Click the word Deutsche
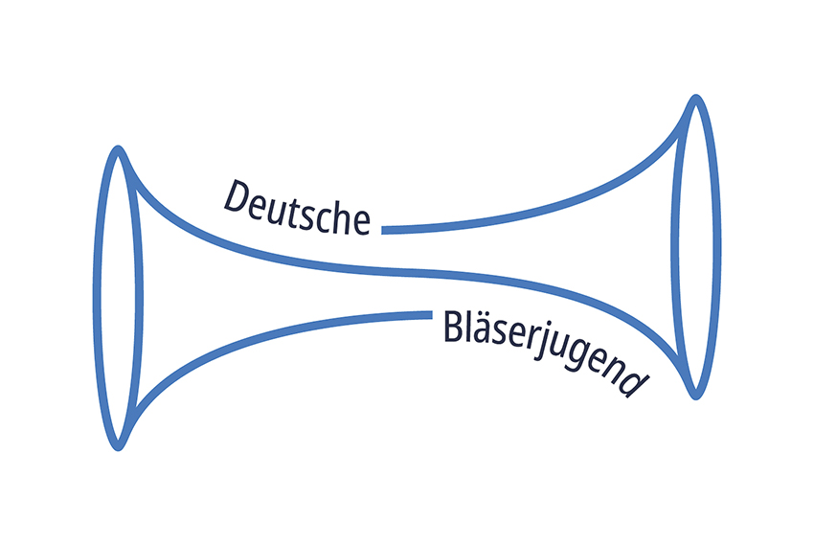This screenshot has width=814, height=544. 297,209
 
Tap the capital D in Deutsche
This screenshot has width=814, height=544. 237,197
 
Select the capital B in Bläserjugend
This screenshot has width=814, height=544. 453,326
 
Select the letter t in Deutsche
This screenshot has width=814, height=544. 301,213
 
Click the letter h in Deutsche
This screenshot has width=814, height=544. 340,217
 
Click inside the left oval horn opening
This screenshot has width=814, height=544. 118,299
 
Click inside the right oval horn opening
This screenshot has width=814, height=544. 695,246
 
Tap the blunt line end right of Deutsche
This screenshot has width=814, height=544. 383,230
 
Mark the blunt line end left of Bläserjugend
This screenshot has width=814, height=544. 431,314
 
